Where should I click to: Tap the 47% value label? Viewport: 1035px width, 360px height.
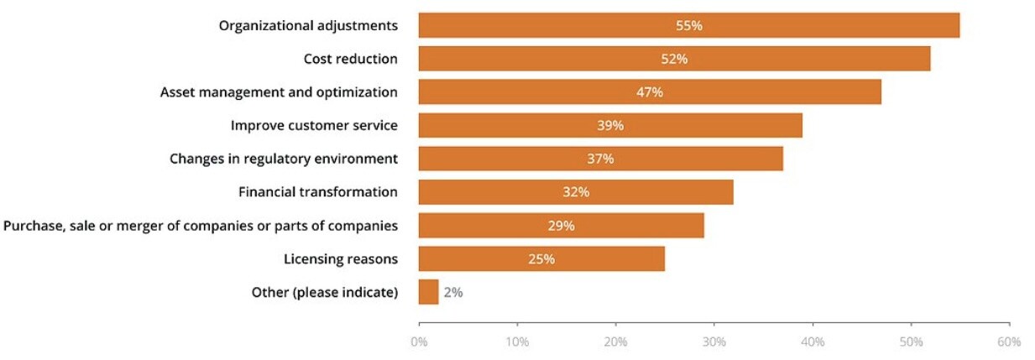click(x=650, y=92)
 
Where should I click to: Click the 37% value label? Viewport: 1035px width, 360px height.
click(x=600, y=159)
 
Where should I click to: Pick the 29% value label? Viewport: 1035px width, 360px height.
click(x=561, y=226)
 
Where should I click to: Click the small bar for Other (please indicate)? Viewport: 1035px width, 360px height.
click(x=428, y=292)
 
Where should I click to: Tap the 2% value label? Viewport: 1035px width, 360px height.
click(x=453, y=293)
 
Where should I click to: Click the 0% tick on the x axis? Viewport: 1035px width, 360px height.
click(x=419, y=342)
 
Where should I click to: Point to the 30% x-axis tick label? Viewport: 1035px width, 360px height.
click(x=714, y=342)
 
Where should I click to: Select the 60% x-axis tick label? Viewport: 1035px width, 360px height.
click(x=1009, y=342)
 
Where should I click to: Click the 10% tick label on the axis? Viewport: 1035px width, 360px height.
click(x=517, y=342)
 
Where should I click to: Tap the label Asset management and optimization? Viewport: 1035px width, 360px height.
click(x=279, y=92)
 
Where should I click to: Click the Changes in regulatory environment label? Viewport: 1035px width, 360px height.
click(x=284, y=159)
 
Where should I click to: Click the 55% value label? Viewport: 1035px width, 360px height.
click(x=689, y=25)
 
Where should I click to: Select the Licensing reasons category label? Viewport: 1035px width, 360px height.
click(x=341, y=258)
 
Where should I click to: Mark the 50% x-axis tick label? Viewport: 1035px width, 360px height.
click(x=911, y=342)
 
